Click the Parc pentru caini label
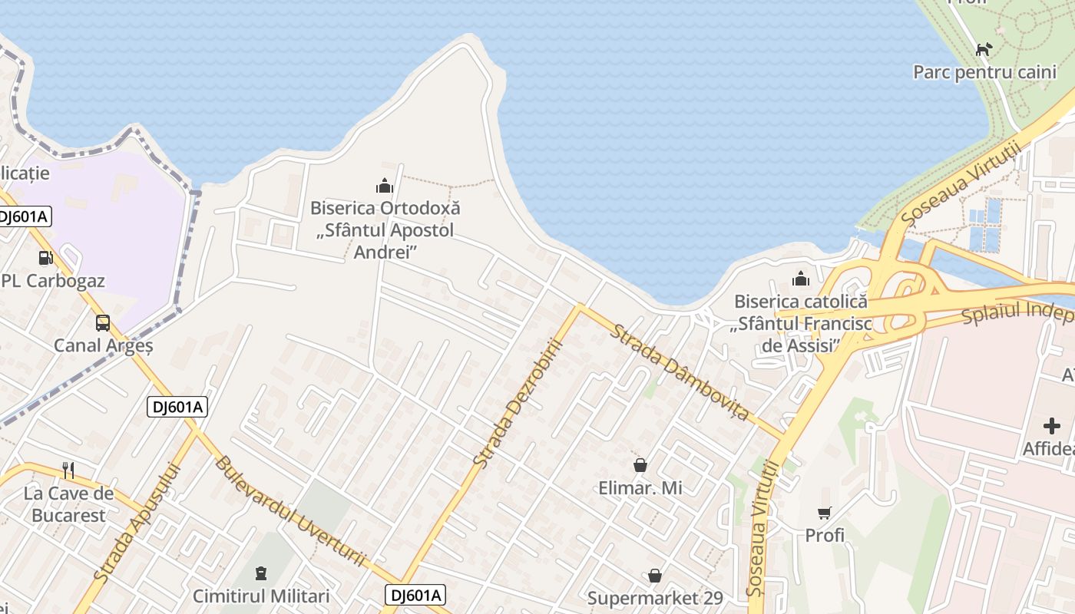[x=974, y=72]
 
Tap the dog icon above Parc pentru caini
[x=984, y=50]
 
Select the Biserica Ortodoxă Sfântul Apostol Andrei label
[x=385, y=229]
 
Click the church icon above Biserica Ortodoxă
[x=385, y=186]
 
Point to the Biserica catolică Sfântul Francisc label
[x=801, y=324]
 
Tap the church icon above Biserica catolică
[x=801, y=279]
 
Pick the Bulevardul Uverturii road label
[x=289, y=512]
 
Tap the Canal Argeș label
[x=104, y=345]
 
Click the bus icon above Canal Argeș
[x=103, y=323]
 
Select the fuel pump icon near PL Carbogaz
[x=46, y=258]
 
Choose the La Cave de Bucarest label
[x=68, y=504]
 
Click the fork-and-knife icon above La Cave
[x=68, y=470]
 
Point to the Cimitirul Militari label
[x=261, y=596]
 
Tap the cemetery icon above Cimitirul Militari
[x=261, y=573]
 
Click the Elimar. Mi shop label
[x=640, y=487]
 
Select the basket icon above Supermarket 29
[x=655, y=576]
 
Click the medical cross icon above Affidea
[x=1052, y=426]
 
